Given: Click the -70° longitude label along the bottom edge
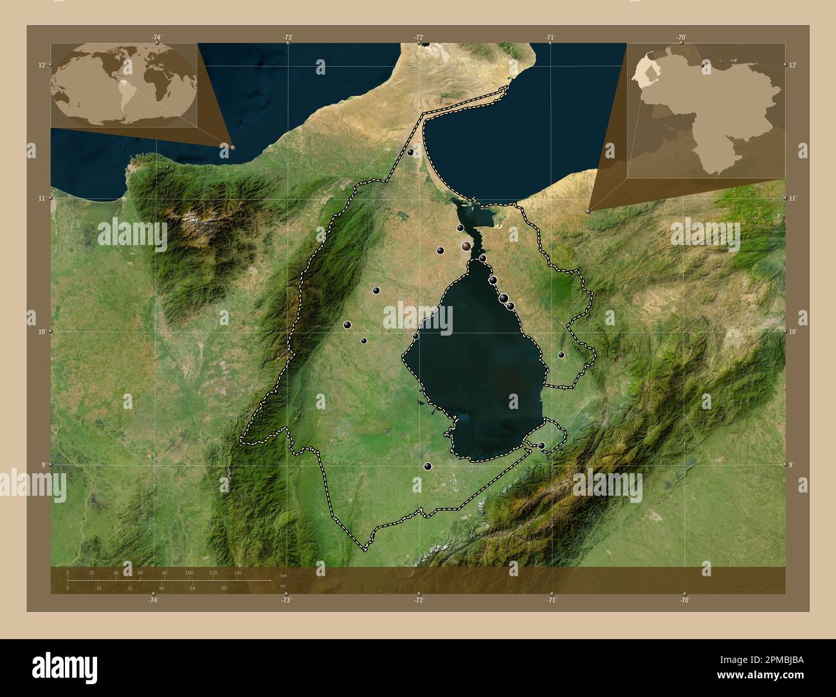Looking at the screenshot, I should point(684,600).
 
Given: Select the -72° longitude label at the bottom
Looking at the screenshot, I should point(419,600).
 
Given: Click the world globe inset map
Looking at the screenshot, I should point(124,84).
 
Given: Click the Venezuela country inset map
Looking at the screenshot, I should point(706,111).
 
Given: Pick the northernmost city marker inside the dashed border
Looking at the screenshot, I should point(410,152).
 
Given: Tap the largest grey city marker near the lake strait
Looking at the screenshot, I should point(466,246).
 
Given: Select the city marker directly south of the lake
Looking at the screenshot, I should point(428,466).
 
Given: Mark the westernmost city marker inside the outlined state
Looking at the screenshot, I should point(347,325).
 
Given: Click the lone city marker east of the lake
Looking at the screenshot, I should point(561,354).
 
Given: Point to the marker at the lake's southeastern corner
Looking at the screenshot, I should point(541,445).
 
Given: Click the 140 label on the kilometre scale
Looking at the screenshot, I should point(237,572).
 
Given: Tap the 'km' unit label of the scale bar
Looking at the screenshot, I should point(284,575).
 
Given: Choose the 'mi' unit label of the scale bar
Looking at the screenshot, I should point(283,586).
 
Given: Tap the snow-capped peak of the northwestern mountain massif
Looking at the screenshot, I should point(191,224).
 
